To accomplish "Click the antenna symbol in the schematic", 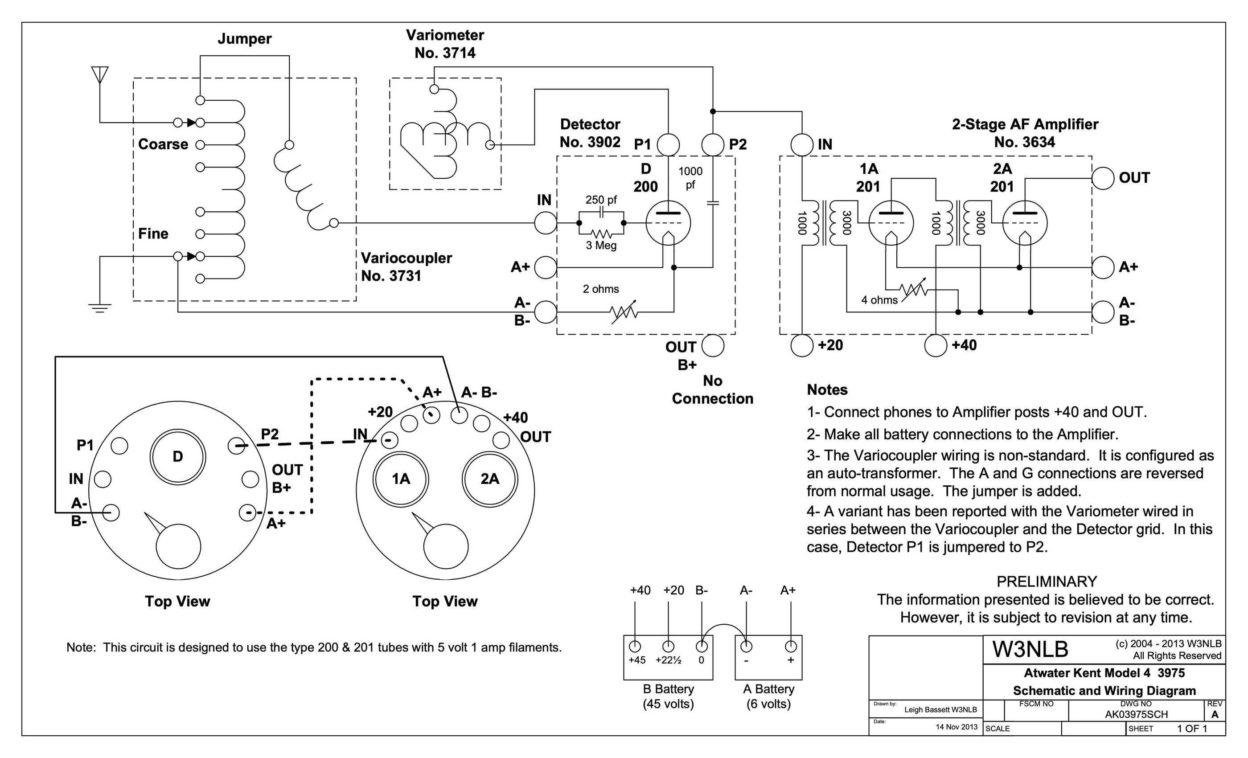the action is [x=100, y=74].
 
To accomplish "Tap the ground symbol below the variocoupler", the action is [x=100, y=308].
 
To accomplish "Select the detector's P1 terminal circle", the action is [x=668, y=145].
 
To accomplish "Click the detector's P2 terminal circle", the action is [x=713, y=145].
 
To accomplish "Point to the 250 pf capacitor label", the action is [x=601, y=200].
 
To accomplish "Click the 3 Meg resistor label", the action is [x=601, y=246].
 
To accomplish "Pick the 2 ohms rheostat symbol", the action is [x=624, y=312].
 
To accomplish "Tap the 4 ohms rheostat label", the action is [x=879, y=300].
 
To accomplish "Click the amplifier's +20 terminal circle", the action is [x=802, y=346].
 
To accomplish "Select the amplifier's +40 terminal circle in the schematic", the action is [x=936, y=346].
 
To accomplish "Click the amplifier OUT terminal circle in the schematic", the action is [x=1103, y=178].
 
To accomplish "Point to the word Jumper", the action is [x=245, y=39].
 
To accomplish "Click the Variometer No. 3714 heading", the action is [x=445, y=44].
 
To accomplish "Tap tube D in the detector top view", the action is [x=178, y=457].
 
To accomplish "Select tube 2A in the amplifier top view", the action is [x=490, y=479].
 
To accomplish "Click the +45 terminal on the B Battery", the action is [x=635, y=647].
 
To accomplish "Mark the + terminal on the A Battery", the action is [x=791, y=647].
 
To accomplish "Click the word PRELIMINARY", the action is [x=1047, y=581].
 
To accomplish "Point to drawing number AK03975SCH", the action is [x=1137, y=714].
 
